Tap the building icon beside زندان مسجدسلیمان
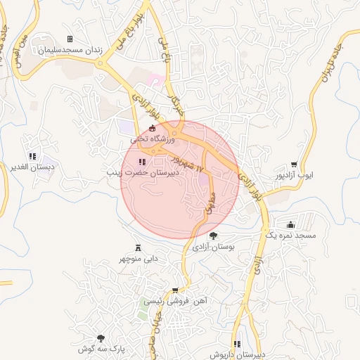coord(69,39)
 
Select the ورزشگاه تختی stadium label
coord(153,140)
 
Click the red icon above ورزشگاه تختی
coord(153,127)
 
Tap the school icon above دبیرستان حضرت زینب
coord(143,162)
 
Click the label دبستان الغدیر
coord(32,167)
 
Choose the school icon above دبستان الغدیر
coord(32,156)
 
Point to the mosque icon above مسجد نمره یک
coord(290,224)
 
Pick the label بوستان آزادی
coord(213,247)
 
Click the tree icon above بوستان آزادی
coord(213,236)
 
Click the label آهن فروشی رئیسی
coord(174,301)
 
